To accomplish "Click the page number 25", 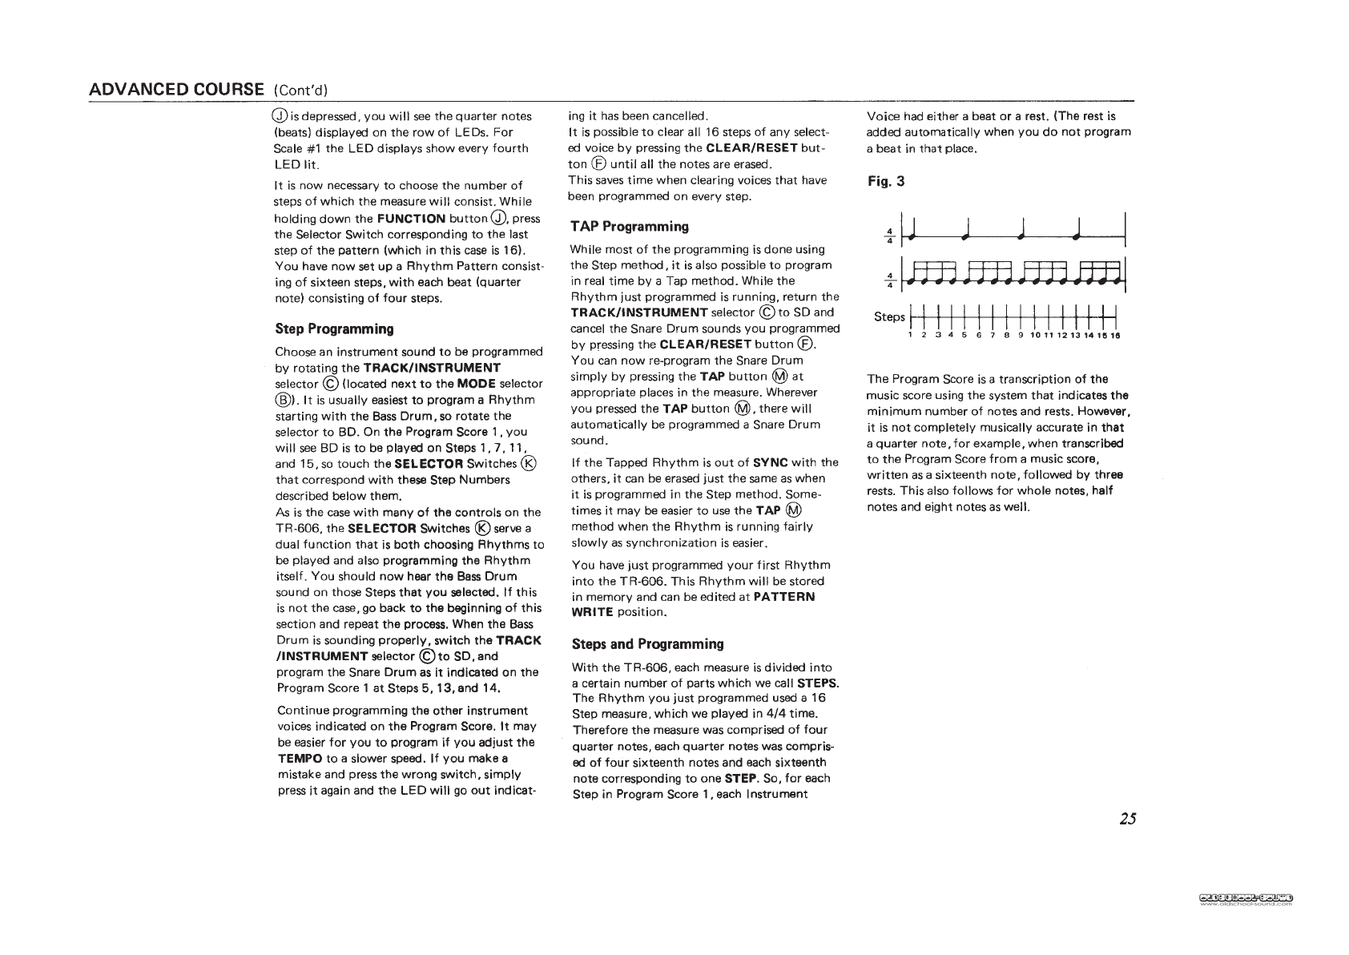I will coord(1127,819).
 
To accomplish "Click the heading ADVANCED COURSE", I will coord(176,88).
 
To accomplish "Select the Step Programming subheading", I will coord(334,329).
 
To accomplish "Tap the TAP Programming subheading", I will coord(629,227).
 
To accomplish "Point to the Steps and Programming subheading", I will coord(647,644).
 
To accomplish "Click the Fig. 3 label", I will coord(886,181).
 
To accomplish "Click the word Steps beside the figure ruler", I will coord(888,316).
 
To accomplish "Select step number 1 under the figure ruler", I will coord(910,336).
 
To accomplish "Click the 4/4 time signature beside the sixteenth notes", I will coord(888,284).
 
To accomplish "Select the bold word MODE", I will coord(476,384).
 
